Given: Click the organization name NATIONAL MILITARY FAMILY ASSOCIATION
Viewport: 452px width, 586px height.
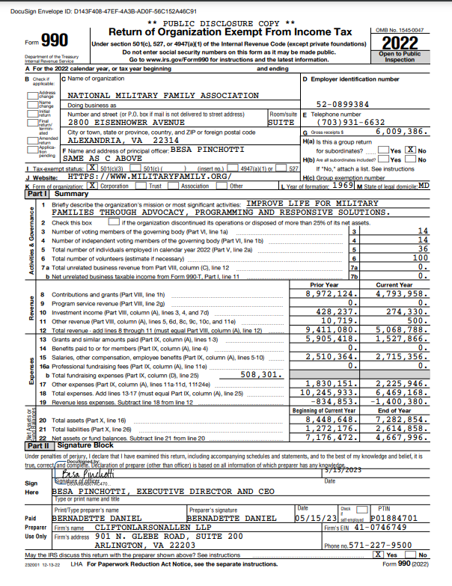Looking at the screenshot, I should [x=163, y=96].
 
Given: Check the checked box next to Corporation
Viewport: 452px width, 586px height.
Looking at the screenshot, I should [x=92, y=185].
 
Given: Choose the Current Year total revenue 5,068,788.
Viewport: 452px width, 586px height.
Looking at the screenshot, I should [x=400, y=330].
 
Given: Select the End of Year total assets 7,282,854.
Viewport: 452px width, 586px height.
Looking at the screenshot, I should [x=400, y=421].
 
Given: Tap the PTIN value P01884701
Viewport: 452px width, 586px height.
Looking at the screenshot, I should [x=396, y=517].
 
